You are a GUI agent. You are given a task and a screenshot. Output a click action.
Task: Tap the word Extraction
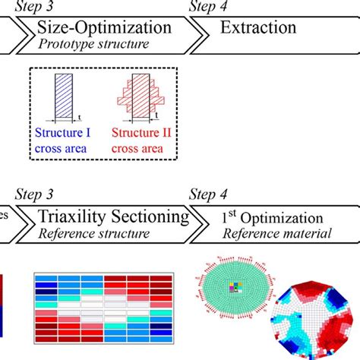click(x=258, y=28)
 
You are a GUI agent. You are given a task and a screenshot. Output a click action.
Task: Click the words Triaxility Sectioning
click(x=114, y=217)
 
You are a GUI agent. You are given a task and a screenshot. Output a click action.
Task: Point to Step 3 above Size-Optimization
click(x=53, y=8)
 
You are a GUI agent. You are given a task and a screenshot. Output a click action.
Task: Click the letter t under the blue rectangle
click(x=81, y=118)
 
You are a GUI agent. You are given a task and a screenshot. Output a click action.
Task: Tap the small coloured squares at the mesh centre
click(x=235, y=288)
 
